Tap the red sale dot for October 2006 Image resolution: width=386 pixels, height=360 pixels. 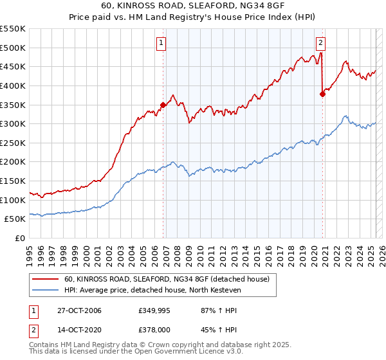point(163,105)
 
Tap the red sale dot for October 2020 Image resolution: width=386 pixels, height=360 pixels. point(322,94)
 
